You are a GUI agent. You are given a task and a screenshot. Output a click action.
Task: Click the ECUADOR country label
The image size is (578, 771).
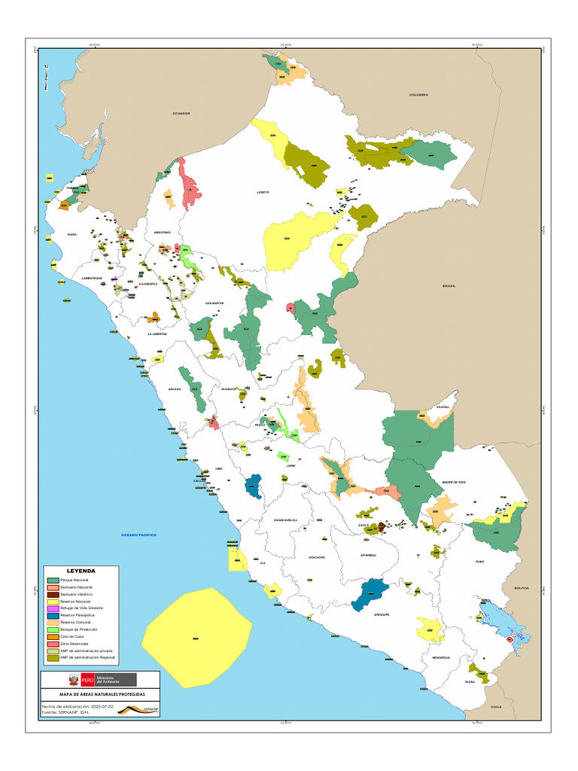pyautogui.click(x=181, y=113)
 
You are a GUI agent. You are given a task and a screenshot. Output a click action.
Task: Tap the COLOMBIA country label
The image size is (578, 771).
pyautogui.click(x=418, y=95)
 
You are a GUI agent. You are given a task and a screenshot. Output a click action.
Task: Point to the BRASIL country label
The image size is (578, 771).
pyautogui.click(x=449, y=285)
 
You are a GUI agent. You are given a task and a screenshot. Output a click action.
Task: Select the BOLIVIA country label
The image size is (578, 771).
pyautogui.click(x=522, y=588)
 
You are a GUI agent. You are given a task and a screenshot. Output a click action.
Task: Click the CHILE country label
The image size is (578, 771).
pyautogui.click(x=496, y=707)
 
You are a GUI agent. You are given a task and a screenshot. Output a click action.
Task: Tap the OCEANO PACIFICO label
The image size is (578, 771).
pyautogui.click(x=138, y=535)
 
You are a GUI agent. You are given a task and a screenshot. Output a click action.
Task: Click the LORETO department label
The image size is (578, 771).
pyautogui.click(x=263, y=192)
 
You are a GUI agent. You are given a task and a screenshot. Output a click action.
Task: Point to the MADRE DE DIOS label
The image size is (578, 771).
pyautogui.click(x=455, y=482)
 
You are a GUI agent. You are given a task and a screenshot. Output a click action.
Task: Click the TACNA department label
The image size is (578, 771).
pyautogui.click(x=470, y=681)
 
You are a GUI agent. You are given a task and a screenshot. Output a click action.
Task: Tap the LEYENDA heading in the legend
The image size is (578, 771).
pyautogui.click(x=81, y=571)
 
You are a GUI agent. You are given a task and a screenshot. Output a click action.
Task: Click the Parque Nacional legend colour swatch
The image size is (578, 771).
pyautogui.click(x=53, y=581)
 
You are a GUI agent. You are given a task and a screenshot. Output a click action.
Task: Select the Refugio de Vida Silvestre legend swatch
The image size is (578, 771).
pyautogui.click(x=53, y=608)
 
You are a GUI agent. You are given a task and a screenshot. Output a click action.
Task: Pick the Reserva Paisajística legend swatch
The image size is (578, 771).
pyautogui.click(x=53, y=615)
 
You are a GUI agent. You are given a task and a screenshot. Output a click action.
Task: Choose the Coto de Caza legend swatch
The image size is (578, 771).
pyautogui.click(x=53, y=637)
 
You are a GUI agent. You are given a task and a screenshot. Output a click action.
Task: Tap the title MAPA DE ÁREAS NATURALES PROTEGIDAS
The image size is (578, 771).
pyautogui.click(x=99, y=694)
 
